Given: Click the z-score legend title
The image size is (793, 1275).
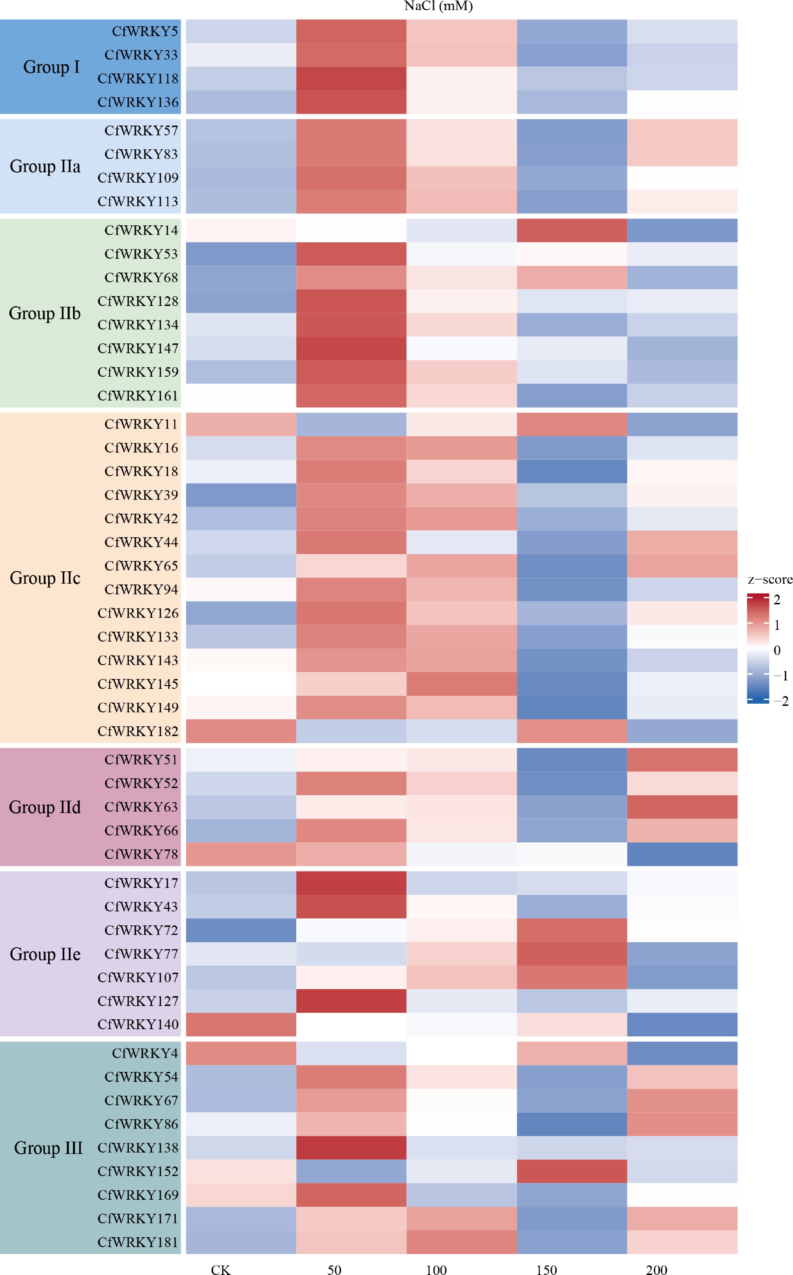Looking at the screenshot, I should [x=770, y=579].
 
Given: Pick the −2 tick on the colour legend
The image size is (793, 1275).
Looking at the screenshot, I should [x=782, y=701].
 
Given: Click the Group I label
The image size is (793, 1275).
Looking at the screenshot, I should [x=51, y=67].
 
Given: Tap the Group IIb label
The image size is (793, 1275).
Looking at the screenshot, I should [x=44, y=313].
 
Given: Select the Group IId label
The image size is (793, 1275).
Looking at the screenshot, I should [x=44, y=807].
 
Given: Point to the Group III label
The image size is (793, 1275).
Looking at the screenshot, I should [x=48, y=1147].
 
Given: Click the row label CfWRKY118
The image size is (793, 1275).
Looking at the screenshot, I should [x=138, y=79].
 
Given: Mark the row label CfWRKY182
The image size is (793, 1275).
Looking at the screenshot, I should [x=138, y=731].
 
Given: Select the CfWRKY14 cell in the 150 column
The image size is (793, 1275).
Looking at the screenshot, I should [x=572, y=230].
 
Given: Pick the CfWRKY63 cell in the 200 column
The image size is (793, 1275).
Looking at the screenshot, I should [x=682, y=807].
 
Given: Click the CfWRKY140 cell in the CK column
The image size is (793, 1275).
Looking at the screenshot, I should [x=241, y=1024].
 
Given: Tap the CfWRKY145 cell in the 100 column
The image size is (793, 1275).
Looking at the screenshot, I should [x=462, y=684].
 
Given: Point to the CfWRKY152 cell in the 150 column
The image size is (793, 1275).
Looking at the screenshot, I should [x=572, y=1171].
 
